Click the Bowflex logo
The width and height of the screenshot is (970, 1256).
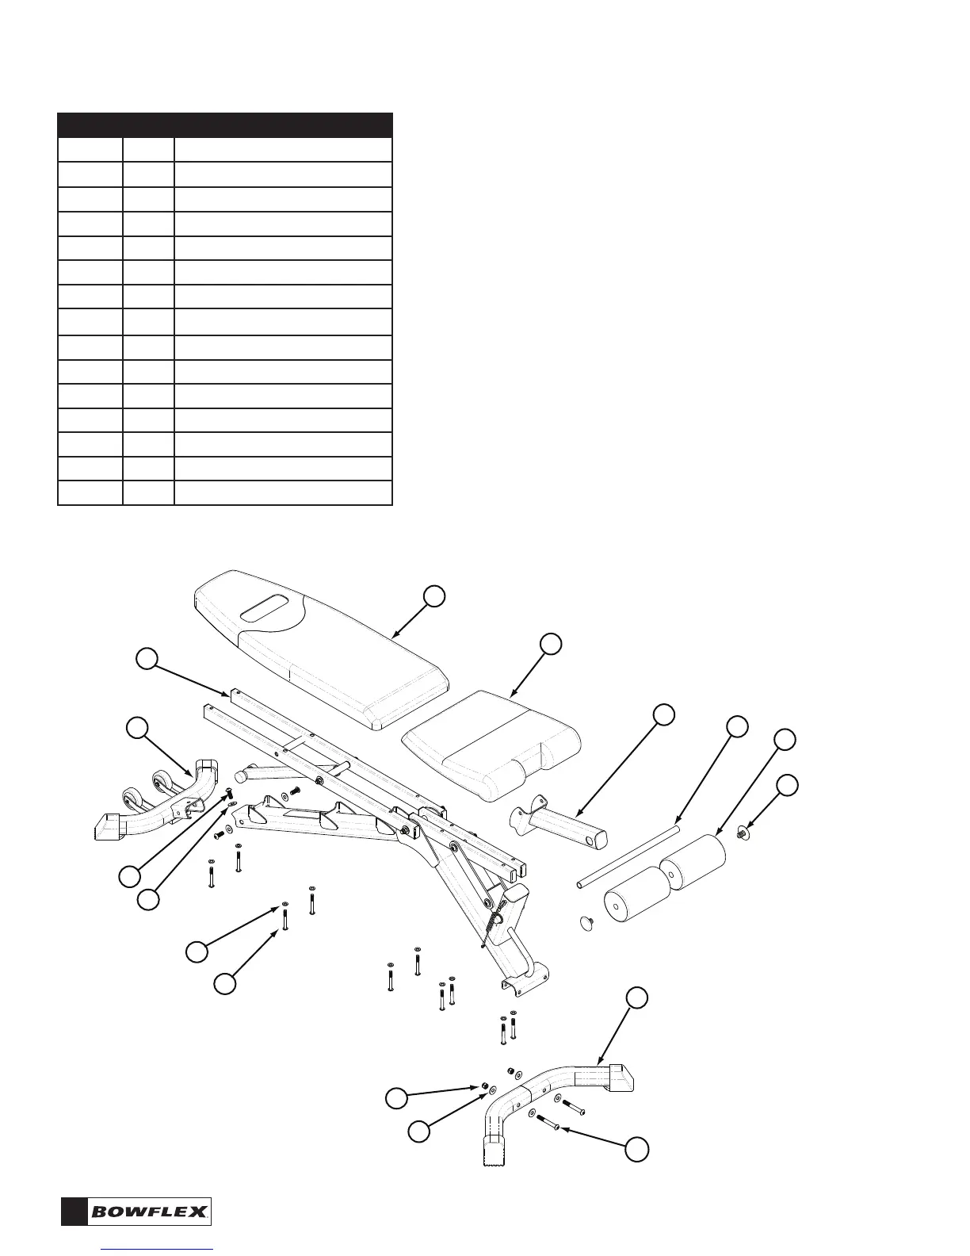pyautogui.click(x=151, y=1211)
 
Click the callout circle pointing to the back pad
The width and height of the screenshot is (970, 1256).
pyautogui.click(x=433, y=597)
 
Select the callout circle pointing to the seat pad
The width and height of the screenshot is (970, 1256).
pyautogui.click(x=552, y=644)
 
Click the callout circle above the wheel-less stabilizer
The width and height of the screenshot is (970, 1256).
pyautogui.click(x=636, y=998)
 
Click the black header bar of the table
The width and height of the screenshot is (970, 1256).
pyautogui.click(x=225, y=125)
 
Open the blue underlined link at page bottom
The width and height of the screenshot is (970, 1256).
pyautogui.click(x=158, y=1250)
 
